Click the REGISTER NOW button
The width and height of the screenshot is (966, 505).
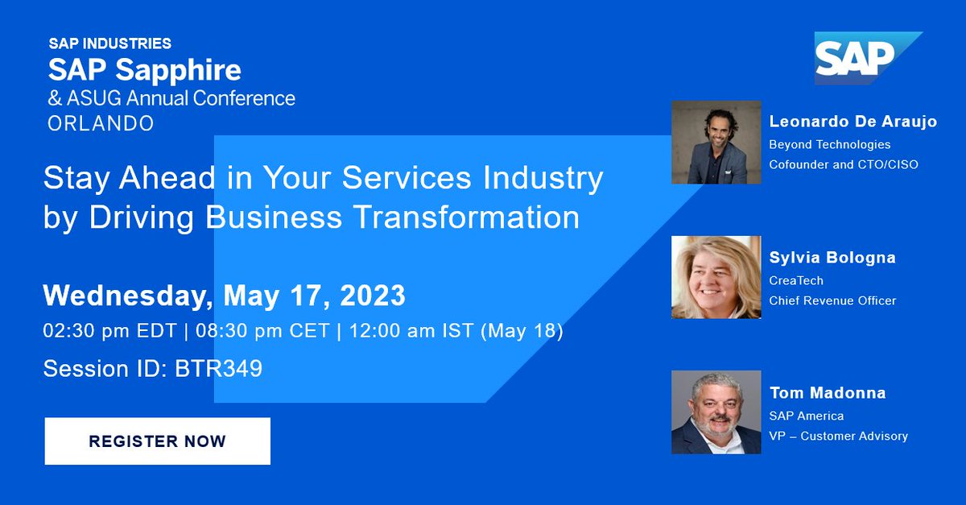point(157,441)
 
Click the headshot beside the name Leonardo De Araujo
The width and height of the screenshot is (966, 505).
point(716,143)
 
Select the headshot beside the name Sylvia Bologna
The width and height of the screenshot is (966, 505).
point(716,277)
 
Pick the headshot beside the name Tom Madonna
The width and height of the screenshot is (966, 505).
point(716,412)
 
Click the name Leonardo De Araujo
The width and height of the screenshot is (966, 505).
point(853,122)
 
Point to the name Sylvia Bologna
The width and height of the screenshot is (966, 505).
point(832,258)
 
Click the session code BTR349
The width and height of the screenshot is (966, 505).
point(218,369)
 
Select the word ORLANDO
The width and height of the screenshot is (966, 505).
point(101,123)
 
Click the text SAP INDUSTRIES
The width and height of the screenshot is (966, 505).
point(109,43)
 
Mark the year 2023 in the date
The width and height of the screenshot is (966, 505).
point(373,296)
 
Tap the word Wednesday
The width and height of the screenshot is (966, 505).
point(126,296)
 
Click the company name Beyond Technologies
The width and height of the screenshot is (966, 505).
point(830,145)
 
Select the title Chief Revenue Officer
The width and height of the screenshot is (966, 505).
point(832,300)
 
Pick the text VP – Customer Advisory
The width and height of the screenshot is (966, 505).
point(838,436)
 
